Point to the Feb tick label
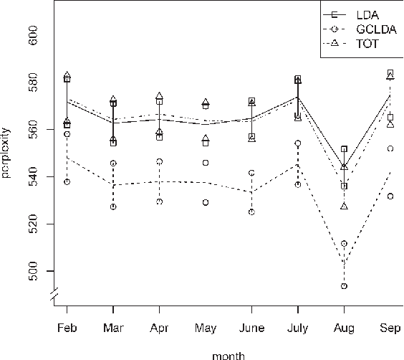point(67,328)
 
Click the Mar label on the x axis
point(113,328)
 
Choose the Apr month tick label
point(159,328)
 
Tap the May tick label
point(206,328)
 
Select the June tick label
point(251,328)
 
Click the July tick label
point(297,328)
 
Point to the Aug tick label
point(345,328)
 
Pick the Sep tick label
point(390,328)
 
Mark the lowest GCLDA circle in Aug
point(345,286)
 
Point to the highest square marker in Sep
point(390,73)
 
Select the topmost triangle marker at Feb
point(67,75)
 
